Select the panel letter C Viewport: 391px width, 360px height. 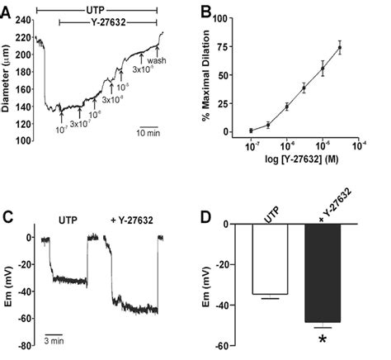tap(7, 218)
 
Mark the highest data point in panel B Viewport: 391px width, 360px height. tap(339, 48)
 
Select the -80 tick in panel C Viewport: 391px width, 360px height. tap(24, 346)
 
